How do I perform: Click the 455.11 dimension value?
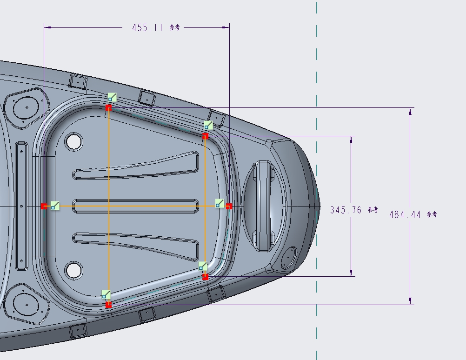tap(147, 27)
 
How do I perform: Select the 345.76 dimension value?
tap(346, 210)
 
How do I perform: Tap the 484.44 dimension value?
tap(405, 214)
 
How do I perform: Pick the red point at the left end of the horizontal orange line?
tap(44, 206)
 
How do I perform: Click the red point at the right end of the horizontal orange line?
tap(229, 206)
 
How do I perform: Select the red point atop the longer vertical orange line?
tap(108, 107)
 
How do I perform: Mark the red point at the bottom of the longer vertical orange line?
tap(108, 305)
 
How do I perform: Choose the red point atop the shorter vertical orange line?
tap(205, 136)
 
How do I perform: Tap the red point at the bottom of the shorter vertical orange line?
tap(205, 277)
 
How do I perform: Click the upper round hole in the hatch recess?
tap(73, 141)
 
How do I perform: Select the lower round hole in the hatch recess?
tap(73, 270)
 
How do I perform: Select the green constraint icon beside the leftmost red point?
tap(55, 206)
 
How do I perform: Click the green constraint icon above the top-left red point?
tap(112, 97)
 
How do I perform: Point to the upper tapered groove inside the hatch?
tap(135, 169)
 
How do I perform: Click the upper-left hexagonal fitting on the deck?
tap(26, 107)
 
